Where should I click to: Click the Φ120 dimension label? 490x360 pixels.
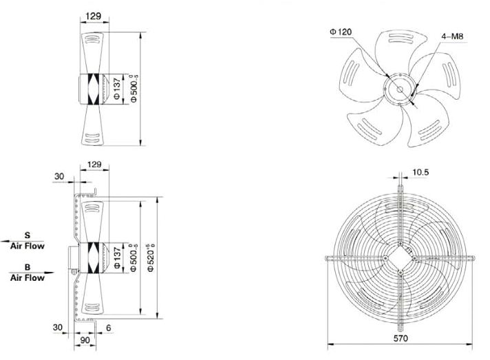pos(341,32)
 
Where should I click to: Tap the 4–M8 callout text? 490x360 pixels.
pos(452,36)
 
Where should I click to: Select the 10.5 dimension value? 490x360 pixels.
pos(420,172)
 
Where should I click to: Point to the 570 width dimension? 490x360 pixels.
pos(401,338)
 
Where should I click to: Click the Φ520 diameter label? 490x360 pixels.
pos(151,258)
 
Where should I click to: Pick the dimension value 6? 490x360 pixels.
pos(109,328)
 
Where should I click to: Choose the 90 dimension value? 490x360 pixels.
pos(85,340)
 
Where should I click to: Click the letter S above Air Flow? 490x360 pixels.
pos(28,235)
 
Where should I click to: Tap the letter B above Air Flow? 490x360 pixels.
pos(28,268)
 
